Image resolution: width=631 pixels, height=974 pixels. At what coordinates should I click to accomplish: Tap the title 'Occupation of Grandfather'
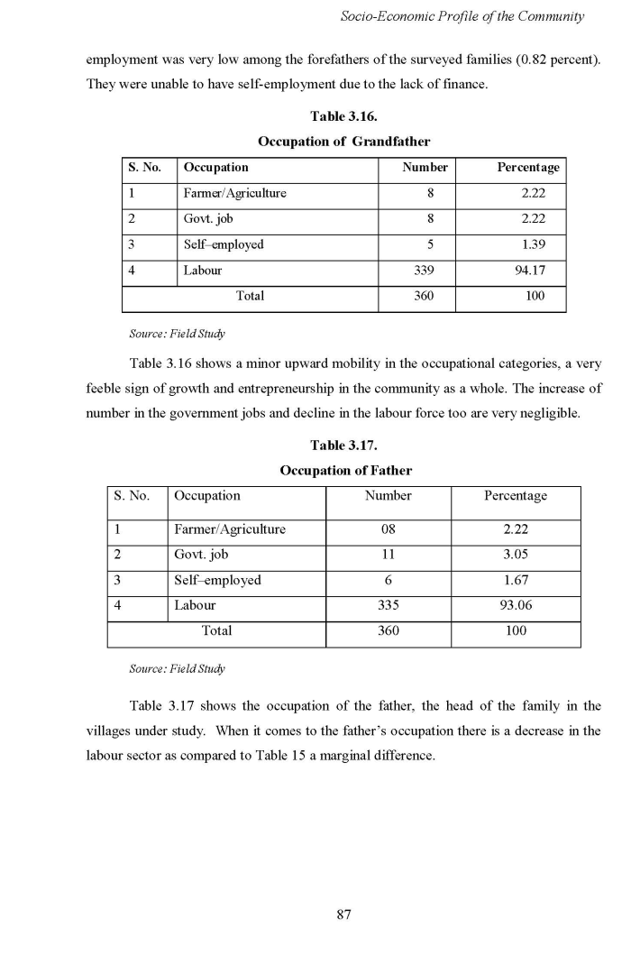(x=343, y=142)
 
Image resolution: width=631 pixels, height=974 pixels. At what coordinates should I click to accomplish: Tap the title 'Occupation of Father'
(x=345, y=471)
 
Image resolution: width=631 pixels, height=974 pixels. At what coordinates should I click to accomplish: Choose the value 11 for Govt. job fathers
(x=389, y=555)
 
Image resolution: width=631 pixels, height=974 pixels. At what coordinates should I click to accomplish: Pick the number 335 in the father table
(x=389, y=606)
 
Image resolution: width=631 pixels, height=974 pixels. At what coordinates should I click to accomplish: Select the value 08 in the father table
(x=389, y=529)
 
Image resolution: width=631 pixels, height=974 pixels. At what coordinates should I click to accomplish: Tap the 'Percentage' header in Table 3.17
(x=515, y=496)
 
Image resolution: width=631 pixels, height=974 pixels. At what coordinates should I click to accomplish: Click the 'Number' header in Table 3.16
(x=425, y=168)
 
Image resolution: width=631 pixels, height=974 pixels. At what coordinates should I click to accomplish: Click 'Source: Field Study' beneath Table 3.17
(x=178, y=669)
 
